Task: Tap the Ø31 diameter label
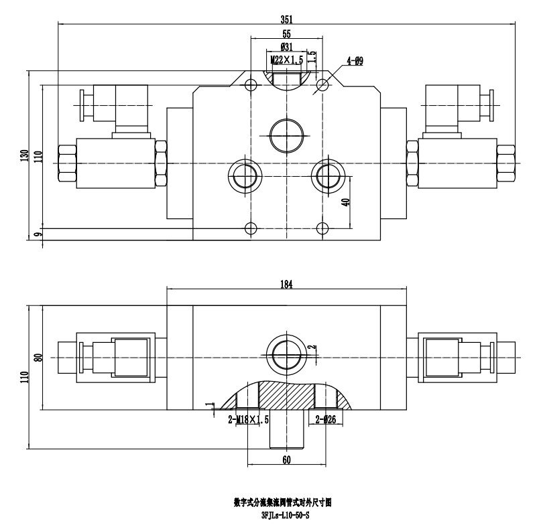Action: pos(286,48)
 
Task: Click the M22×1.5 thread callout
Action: pos(287,60)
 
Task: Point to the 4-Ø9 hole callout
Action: pos(355,62)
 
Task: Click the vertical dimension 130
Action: pos(24,155)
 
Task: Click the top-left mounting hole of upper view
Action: pos(251,85)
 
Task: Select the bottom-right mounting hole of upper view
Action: pos(322,227)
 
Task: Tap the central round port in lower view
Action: pos(286,352)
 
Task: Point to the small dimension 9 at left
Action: pos(38,233)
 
